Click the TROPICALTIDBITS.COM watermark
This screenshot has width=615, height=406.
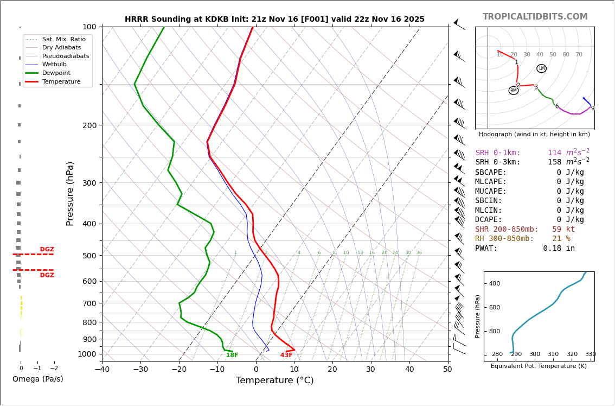tap(535, 17)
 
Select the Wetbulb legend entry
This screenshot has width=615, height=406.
tap(54, 65)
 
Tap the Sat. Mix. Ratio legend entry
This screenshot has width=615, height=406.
tap(63, 39)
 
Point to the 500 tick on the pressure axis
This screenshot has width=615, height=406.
tap(89, 256)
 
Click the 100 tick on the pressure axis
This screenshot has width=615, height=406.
tap(89, 27)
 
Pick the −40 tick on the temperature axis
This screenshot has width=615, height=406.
tap(102, 370)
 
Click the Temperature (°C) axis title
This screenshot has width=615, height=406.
tap(274, 380)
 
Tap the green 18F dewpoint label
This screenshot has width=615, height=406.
tap(232, 355)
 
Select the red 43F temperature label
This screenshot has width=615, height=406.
tap(286, 355)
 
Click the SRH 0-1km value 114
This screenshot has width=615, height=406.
tap(554, 153)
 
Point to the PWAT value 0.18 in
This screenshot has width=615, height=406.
tap(559, 248)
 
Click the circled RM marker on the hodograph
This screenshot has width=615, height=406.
tap(514, 91)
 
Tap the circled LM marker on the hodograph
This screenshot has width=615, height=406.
tap(541, 68)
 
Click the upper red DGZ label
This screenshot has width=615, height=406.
tap(47, 250)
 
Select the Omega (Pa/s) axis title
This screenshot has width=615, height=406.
tap(37, 379)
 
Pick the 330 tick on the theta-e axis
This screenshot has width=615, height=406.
tap(590, 354)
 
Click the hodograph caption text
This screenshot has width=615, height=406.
tap(534, 134)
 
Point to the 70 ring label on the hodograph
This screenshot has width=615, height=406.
tap(579, 55)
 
